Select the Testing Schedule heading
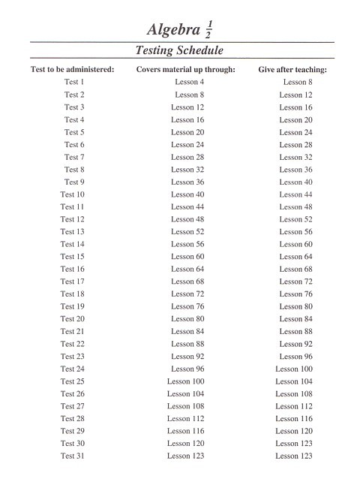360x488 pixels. (179, 50)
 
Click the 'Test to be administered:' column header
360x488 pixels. (72, 70)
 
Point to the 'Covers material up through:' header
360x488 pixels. (186, 70)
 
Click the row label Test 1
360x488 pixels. (74, 83)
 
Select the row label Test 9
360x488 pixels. (74, 182)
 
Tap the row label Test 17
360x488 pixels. (72, 282)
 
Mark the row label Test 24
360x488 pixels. (72, 369)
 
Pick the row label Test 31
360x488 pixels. (72, 456)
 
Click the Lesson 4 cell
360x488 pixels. (189, 83)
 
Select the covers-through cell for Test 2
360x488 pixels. (189, 95)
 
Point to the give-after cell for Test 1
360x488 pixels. (298, 83)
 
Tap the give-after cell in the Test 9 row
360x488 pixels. (295, 182)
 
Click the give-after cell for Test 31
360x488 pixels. (293, 456)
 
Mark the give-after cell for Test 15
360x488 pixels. (295, 257)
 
